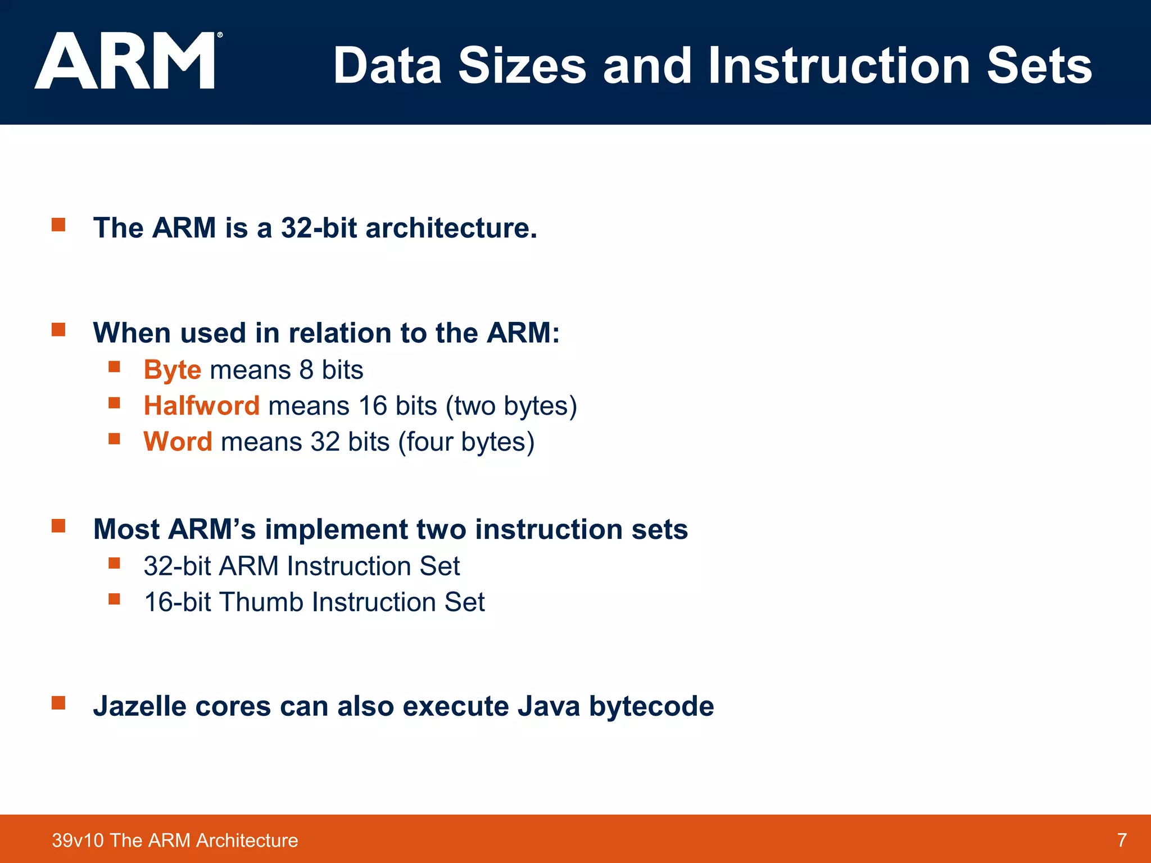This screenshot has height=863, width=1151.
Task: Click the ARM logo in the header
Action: point(126,61)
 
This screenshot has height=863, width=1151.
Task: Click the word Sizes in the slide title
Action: point(522,66)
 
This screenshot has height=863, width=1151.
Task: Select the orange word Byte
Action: point(172,370)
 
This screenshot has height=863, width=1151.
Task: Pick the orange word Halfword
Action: point(201,406)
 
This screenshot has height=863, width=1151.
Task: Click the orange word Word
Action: point(178,442)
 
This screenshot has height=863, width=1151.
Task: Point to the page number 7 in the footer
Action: point(1122,840)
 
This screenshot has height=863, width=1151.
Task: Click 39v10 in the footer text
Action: point(78,841)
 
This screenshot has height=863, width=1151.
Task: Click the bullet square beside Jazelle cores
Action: point(58,703)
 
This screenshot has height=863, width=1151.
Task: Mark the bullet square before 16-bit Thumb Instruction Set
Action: point(115,599)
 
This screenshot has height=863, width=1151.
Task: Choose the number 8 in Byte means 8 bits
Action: point(306,370)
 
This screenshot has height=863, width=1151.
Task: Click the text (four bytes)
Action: point(466,442)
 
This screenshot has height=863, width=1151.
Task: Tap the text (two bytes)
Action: point(511,406)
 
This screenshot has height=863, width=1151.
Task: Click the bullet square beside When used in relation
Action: point(58,330)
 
